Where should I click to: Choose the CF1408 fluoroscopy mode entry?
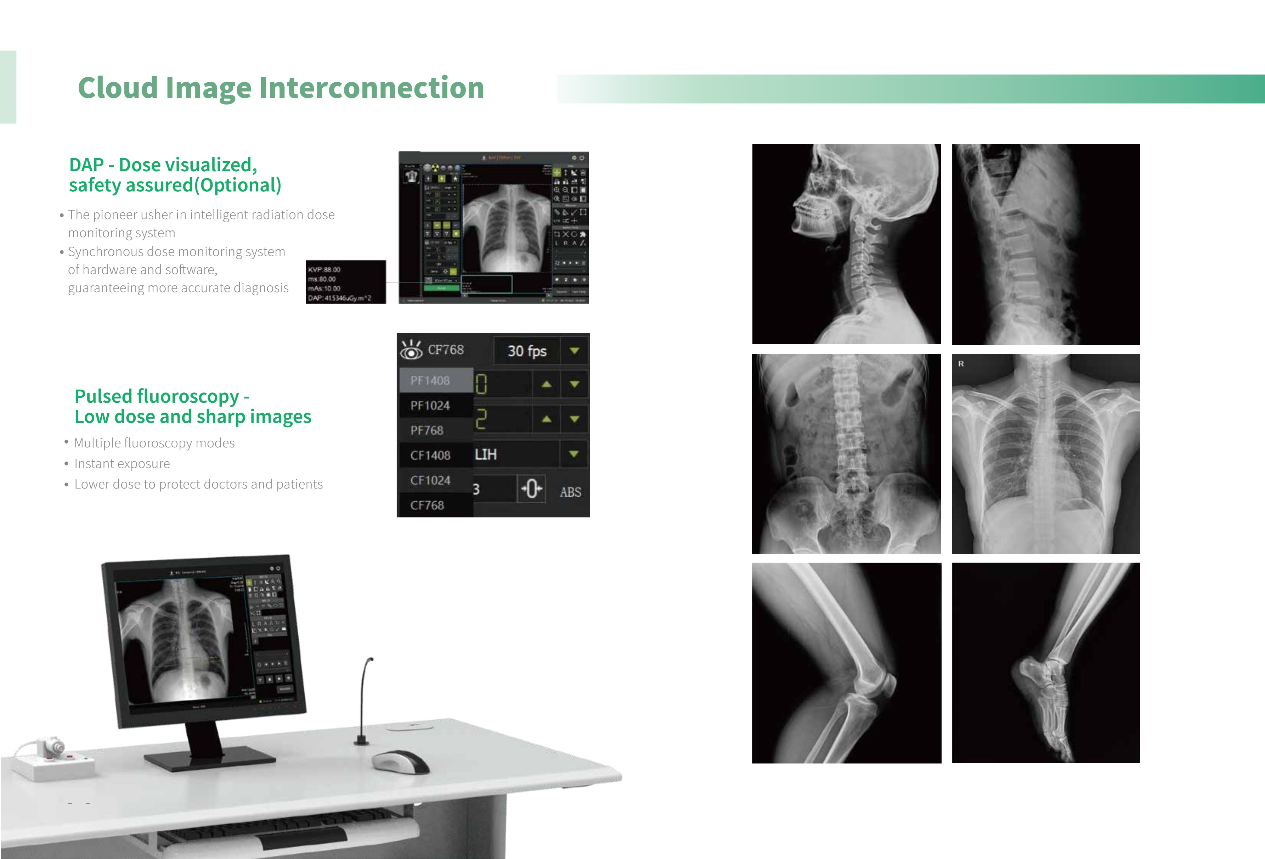(x=430, y=455)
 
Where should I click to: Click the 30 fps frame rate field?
(x=526, y=351)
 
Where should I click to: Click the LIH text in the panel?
(x=486, y=454)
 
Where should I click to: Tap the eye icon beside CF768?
(x=411, y=350)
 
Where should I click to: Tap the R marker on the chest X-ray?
(x=961, y=364)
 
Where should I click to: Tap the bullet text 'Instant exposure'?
(x=122, y=464)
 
